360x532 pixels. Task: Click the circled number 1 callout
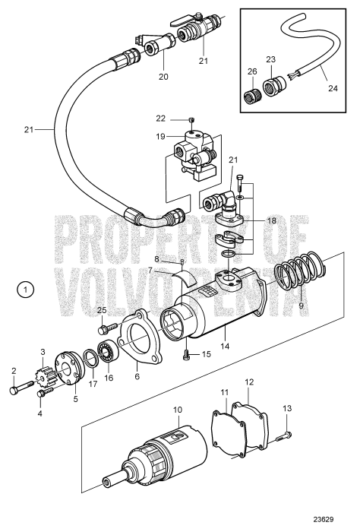pyautogui.click(x=26, y=290)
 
